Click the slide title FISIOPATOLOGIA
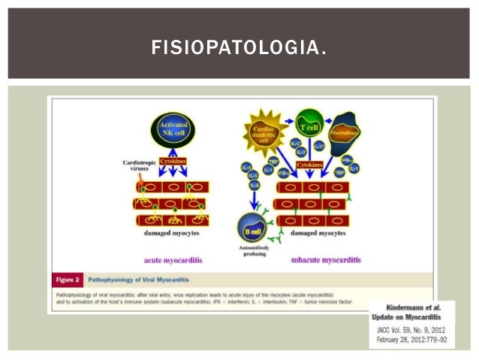[239, 50]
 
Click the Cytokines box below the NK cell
[173, 162]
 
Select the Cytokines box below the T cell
[310, 164]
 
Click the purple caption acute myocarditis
[174, 260]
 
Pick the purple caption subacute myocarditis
[324, 260]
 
